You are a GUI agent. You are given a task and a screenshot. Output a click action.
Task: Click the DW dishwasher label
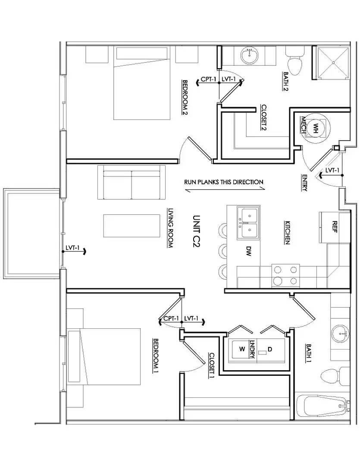click(x=249, y=252)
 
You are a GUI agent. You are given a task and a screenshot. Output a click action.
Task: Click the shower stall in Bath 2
click(x=333, y=62)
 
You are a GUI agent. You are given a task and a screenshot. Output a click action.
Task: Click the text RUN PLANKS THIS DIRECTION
click(x=223, y=182)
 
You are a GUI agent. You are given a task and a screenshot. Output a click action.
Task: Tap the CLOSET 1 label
click(x=212, y=365)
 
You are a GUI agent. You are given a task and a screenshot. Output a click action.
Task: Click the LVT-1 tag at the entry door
click(x=332, y=170)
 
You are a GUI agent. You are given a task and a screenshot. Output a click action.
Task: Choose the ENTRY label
click(x=305, y=182)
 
